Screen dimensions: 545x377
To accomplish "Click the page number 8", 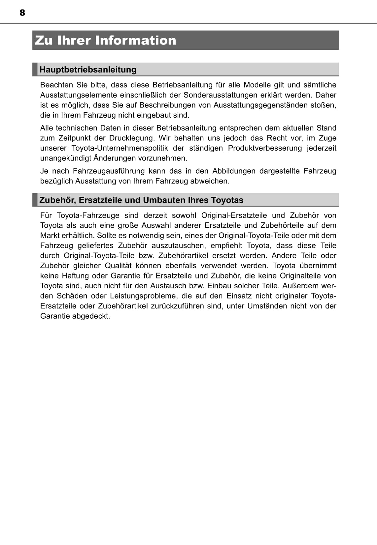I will tap(22, 13).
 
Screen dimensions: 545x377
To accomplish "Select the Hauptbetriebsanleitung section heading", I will tap(88, 70).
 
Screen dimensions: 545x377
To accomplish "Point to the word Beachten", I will tap(56, 85).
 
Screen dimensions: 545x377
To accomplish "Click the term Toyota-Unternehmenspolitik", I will tap(120, 148).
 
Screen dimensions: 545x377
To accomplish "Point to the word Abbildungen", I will tap(234, 171).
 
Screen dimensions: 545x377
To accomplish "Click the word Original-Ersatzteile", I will tap(234, 215).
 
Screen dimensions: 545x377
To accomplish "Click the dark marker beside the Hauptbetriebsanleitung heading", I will tap(35, 70).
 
